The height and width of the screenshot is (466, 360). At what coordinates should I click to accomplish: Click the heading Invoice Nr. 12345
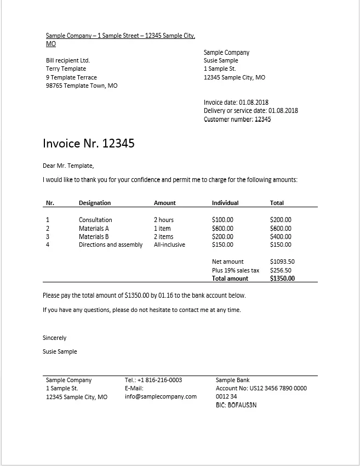coord(89,144)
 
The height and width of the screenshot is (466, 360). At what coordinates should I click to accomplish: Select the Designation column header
coord(95,203)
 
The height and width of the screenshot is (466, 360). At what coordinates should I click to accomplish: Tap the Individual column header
coord(225,203)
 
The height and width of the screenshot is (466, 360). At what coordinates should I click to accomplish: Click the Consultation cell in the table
coord(95,220)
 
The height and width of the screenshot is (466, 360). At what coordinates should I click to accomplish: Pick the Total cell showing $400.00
coord(281,237)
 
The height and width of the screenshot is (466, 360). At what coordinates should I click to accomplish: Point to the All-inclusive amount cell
coord(169,245)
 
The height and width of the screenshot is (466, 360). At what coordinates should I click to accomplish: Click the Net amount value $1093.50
coord(282,262)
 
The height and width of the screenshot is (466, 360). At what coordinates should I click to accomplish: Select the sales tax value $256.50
coord(281,270)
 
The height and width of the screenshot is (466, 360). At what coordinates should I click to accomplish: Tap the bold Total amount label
coord(230,279)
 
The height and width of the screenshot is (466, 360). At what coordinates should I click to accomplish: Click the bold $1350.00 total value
coord(282,279)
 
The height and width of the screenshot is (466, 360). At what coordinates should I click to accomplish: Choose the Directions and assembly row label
coord(111,245)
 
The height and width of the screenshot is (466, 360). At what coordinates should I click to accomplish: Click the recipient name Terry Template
coord(66,69)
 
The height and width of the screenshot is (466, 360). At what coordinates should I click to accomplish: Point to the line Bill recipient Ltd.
coord(68,60)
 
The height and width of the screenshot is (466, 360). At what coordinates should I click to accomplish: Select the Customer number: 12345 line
coord(237,120)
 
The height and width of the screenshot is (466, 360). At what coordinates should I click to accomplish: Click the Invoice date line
coord(237,103)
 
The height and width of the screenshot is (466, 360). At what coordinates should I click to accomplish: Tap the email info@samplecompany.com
coord(161,397)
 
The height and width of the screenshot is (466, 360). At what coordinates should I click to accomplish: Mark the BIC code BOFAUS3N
coord(236,405)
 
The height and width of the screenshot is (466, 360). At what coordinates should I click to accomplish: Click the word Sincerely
coord(54,338)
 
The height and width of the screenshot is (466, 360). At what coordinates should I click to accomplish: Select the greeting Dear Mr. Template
coord(68,166)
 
